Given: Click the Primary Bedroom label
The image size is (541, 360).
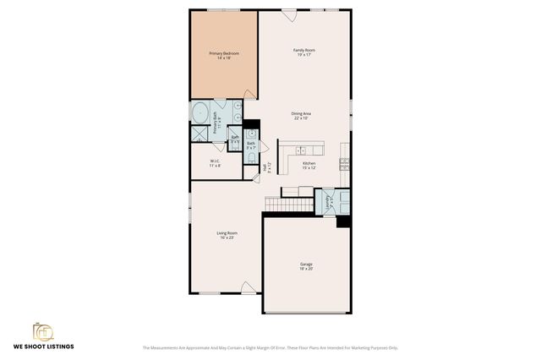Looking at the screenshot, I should pyautogui.click(x=225, y=53).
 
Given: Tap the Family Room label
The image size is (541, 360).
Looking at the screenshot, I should pyautogui.click(x=304, y=51).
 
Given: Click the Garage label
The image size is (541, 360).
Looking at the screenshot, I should pyautogui.click(x=305, y=265).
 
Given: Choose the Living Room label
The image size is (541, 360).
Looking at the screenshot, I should pyautogui.click(x=227, y=232).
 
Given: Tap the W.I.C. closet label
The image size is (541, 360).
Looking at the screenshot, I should pyautogui.click(x=216, y=161).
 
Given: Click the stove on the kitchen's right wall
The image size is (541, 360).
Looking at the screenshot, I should pyautogui.click(x=344, y=161).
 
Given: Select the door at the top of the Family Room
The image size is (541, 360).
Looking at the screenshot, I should pyautogui.click(x=288, y=15).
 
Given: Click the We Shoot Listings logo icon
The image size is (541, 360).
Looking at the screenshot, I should pyautogui.click(x=43, y=330).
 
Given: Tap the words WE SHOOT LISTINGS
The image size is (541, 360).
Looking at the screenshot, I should pyautogui.click(x=43, y=346).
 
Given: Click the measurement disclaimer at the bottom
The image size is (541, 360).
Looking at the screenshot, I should pyautogui.click(x=270, y=347).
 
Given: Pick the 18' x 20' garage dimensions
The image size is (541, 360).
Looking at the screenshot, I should pyautogui.click(x=305, y=270).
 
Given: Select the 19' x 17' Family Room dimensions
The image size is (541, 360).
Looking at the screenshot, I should pyautogui.click(x=304, y=56).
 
